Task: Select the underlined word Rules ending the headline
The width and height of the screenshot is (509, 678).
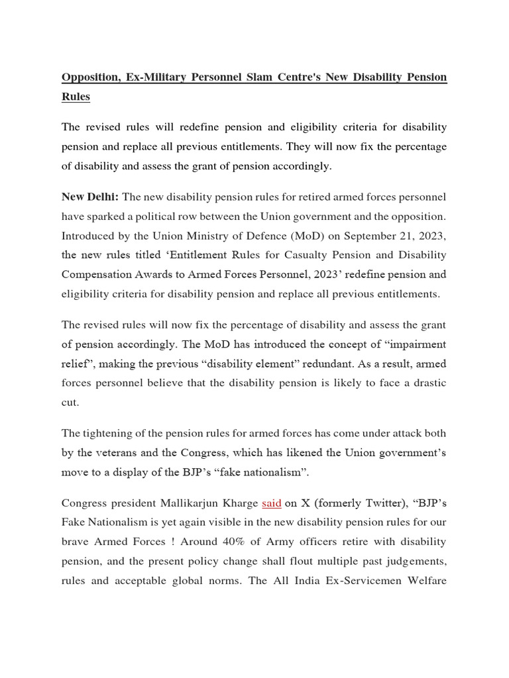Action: tap(76, 97)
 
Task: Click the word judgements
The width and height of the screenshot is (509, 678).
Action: tap(414, 560)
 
